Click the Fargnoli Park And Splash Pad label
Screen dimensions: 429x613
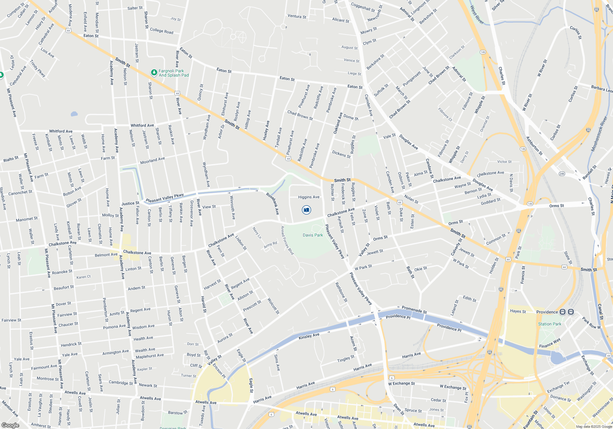click(173, 73)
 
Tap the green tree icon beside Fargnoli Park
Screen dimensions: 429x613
click(154, 73)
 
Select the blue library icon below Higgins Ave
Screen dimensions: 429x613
click(306, 210)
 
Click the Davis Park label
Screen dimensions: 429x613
click(313, 235)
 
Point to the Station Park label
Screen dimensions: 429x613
click(550, 324)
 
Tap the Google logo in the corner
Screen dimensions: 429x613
click(10, 425)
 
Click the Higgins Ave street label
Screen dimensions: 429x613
click(309, 197)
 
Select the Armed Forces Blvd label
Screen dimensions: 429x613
click(287, 240)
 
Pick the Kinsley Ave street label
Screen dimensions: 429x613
click(309, 336)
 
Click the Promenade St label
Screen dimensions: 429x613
click(414, 309)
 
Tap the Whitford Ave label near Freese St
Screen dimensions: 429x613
click(61, 131)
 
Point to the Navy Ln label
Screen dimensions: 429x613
click(257, 233)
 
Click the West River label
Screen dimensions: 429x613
click(477, 15)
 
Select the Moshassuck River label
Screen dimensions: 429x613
click(599, 134)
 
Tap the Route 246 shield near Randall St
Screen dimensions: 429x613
click(562, 174)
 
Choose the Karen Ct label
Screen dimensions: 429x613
click(83, 277)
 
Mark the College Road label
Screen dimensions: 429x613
click(162, 31)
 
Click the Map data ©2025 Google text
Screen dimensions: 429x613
click(594, 427)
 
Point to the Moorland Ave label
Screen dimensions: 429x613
click(152, 161)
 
